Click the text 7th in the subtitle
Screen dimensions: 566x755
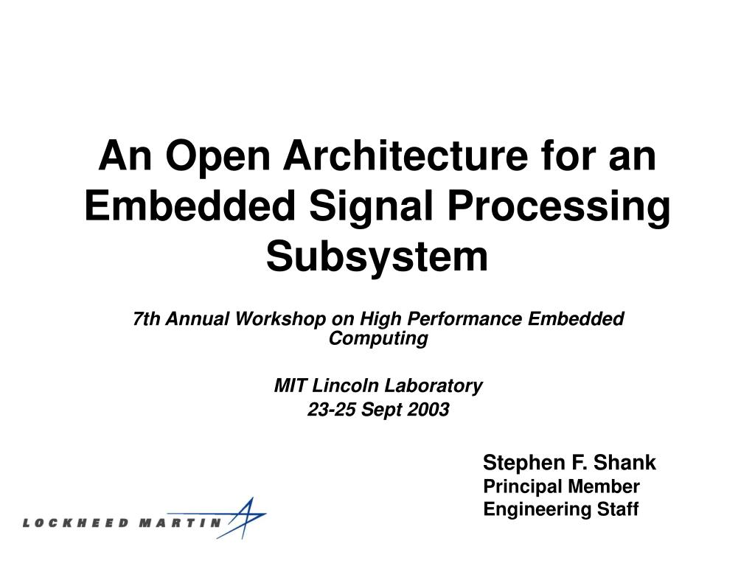(x=147, y=319)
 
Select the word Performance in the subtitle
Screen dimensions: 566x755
(x=465, y=319)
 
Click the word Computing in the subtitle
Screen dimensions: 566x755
(x=377, y=338)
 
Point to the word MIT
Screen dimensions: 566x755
(x=288, y=385)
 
